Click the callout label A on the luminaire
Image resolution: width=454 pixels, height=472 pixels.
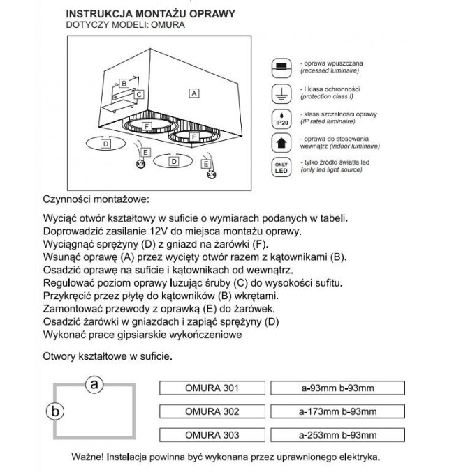195,92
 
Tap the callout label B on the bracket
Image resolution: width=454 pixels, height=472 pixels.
123,84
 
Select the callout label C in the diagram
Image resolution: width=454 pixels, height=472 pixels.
139,94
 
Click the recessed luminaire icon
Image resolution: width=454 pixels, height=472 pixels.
280,67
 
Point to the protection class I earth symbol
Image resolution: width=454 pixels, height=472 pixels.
280,93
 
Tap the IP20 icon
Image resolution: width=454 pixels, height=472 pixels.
280,118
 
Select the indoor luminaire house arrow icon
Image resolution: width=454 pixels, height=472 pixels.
280,143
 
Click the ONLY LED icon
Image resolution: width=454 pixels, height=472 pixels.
280,168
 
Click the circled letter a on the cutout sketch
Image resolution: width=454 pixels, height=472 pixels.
94,383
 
